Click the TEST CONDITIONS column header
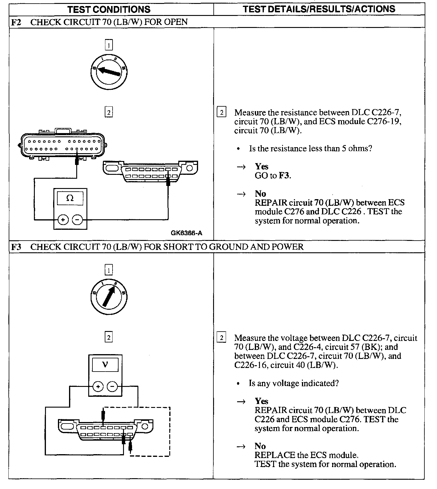click(109, 9)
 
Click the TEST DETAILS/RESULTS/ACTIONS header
click(319, 9)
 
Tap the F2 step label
click(16, 22)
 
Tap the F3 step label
click(16, 247)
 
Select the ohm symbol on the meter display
click(70, 198)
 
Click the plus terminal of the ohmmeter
click(63, 220)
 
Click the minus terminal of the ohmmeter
click(77, 220)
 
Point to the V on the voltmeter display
click(105, 365)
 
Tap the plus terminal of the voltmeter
click(98, 387)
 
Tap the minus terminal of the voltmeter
click(112, 387)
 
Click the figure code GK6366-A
click(186, 233)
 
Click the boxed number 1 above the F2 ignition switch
click(109, 45)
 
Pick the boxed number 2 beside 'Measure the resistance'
click(221, 113)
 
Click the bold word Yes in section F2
click(261, 166)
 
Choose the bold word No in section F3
click(260, 446)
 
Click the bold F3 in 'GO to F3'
click(284, 175)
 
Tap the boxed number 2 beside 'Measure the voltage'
click(221, 338)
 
